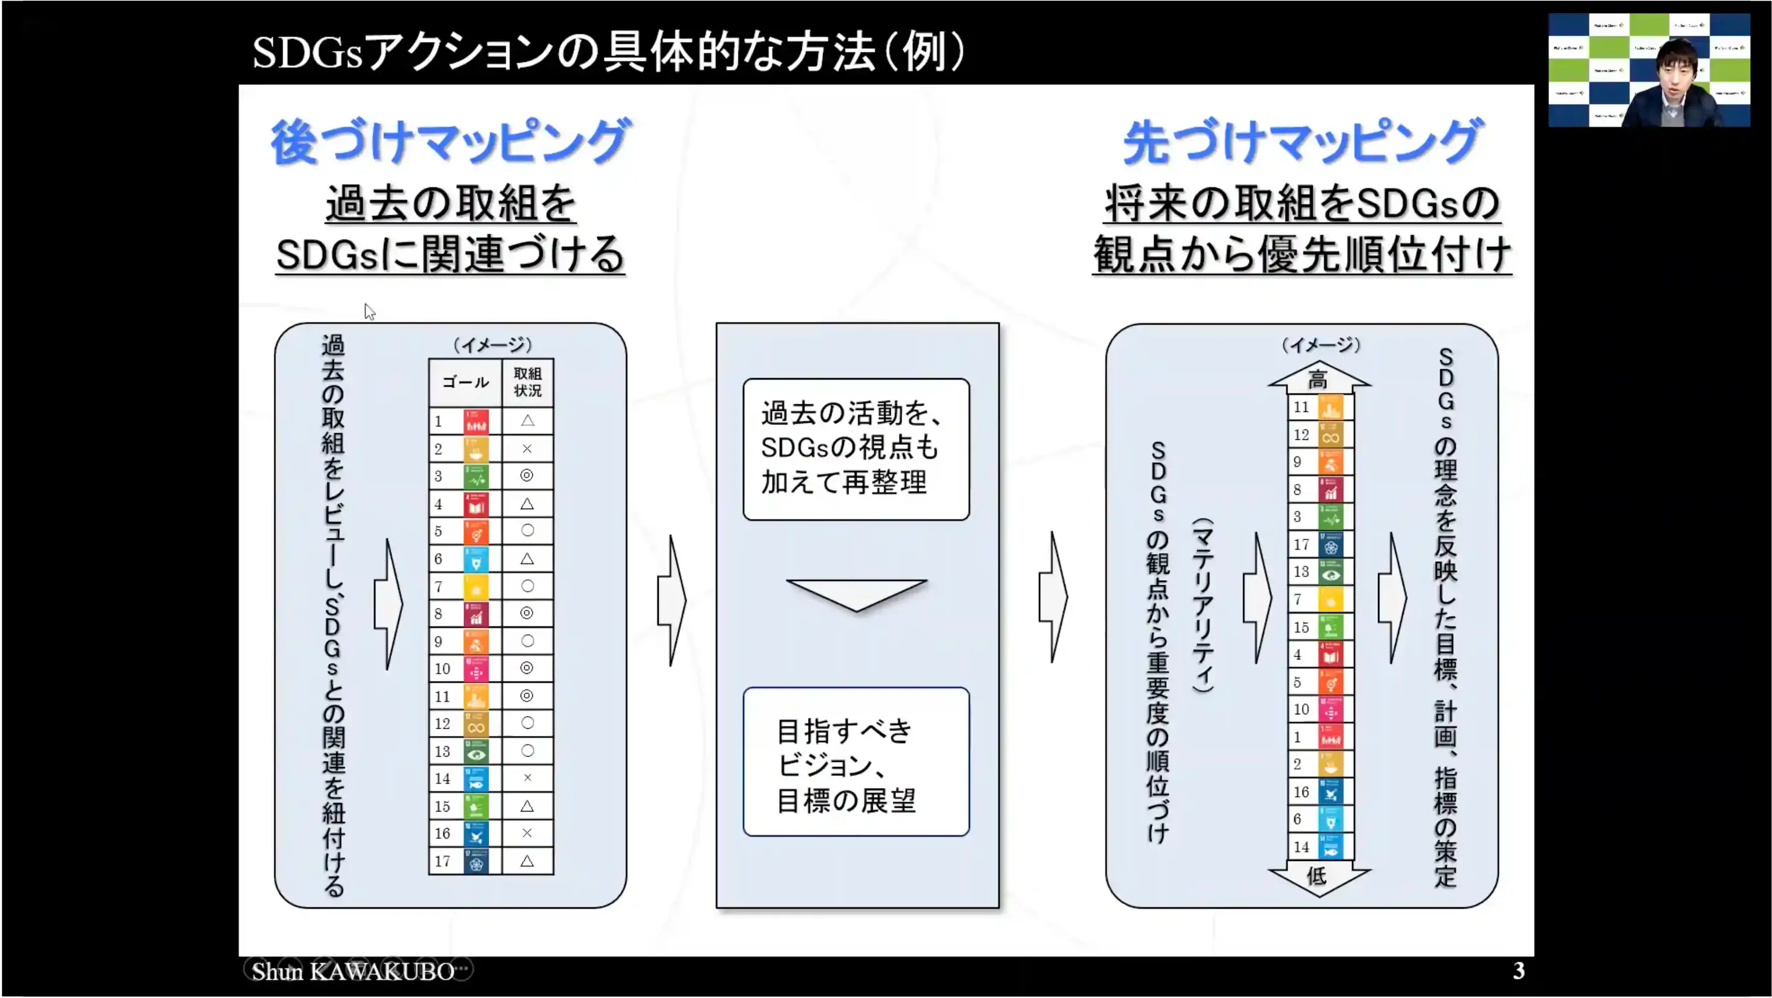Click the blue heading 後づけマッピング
point(451,142)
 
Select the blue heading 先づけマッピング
point(1302,142)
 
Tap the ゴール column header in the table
point(466,383)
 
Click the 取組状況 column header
point(527,383)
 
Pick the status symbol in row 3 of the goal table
point(527,476)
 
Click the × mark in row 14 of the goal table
point(527,778)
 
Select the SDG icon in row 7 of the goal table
point(476,586)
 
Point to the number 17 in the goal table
point(442,861)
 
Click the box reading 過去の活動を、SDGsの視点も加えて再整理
point(856,449)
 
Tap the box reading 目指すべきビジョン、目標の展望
point(856,762)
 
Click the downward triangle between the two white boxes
point(856,594)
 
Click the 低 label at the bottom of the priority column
point(1316,876)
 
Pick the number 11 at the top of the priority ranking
point(1301,407)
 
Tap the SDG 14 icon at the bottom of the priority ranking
point(1331,847)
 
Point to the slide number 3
point(1519,970)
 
